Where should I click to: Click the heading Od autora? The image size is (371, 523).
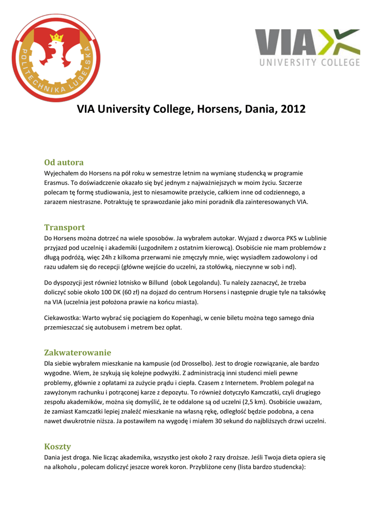point(64,162)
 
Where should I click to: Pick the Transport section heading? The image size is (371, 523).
point(64,227)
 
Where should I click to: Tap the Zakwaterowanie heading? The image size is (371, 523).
point(77,352)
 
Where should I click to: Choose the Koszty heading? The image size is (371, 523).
point(57,446)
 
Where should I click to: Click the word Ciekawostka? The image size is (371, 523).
point(64,318)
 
